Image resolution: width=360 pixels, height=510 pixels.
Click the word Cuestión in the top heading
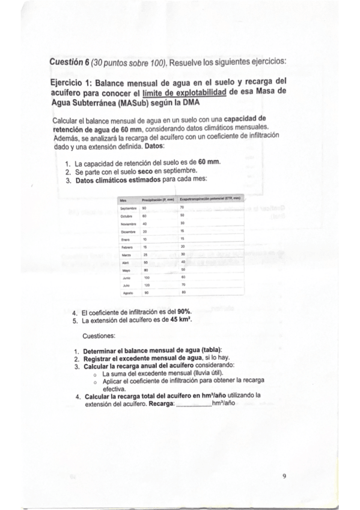click(67, 61)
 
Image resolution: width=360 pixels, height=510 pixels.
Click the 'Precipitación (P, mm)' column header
click(157, 199)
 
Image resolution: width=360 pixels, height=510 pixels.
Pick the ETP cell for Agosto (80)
click(183, 292)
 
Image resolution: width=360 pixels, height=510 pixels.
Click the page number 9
click(284, 476)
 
